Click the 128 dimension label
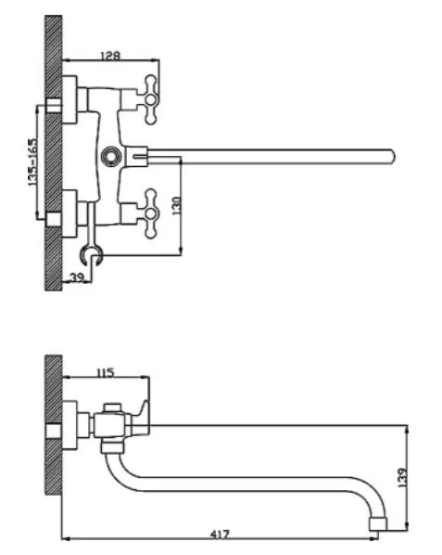click(x=110, y=55)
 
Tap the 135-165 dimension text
click(x=32, y=162)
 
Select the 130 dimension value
click(x=177, y=205)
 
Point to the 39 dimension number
click(x=77, y=277)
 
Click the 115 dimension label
click(x=106, y=373)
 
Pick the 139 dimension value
click(x=402, y=478)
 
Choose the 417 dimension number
click(x=220, y=534)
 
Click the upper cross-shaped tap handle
click(x=151, y=99)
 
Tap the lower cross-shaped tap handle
click(x=151, y=213)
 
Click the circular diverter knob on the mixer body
click(x=110, y=156)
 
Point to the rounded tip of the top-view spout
click(x=391, y=156)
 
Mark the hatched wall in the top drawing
click(x=54, y=153)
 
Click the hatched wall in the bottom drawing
click(x=54, y=425)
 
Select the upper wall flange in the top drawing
click(x=69, y=100)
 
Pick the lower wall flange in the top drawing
click(x=69, y=213)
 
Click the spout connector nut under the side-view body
click(x=112, y=446)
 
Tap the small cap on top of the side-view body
click(x=112, y=407)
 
